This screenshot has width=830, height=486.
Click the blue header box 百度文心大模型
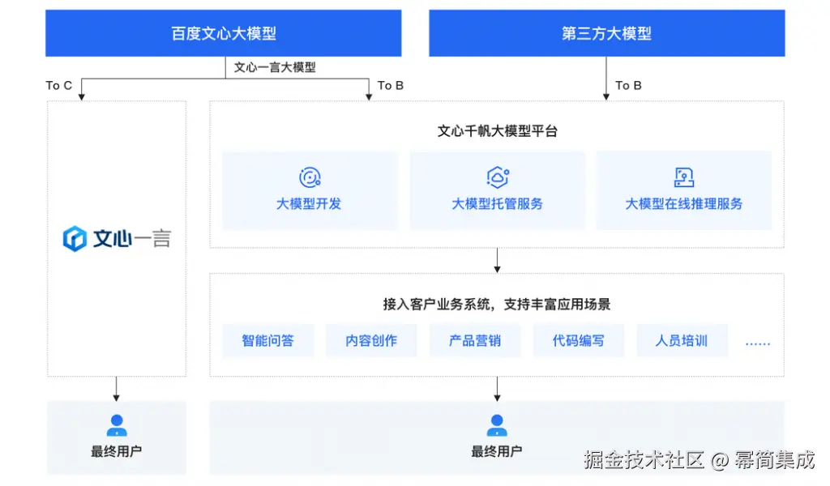(x=224, y=33)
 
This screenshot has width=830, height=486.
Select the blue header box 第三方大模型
(x=606, y=33)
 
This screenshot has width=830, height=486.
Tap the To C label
(x=59, y=85)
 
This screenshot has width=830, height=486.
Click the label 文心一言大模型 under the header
(x=275, y=67)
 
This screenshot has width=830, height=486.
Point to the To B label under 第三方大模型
(x=628, y=85)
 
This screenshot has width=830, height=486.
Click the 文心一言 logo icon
(x=75, y=239)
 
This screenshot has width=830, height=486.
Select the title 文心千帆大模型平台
(x=497, y=130)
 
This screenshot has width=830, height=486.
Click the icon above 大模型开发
(x=310, y=177)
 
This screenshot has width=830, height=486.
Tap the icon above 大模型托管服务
(x=497, y=177)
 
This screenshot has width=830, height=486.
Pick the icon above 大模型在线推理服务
(x=684, y=177)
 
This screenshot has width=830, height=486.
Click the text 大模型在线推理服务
(x=684, y=204)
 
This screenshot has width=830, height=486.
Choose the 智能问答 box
(x=267, y=341)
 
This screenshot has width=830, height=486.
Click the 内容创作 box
(x=371, y=341)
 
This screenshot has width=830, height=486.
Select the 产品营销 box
(x=475, y=341)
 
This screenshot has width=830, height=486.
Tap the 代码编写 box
(x=578, y=341)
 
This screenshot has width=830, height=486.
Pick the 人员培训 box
(x=682, y=341)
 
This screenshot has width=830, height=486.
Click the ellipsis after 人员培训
(x=758, y=343)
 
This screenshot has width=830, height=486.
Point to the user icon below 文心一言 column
(x=117, y=425)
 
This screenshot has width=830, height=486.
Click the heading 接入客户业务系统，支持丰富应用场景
(x=497, y=305)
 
